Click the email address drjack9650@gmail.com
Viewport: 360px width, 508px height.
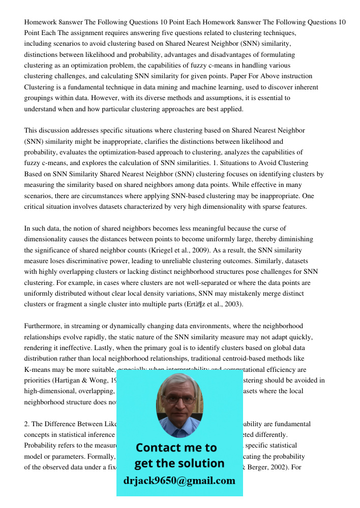[x=179, y=481]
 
